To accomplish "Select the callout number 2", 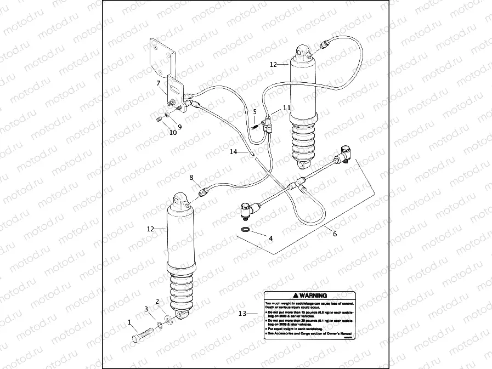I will (x=157, y=301).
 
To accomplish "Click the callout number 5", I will (x=255, y=112).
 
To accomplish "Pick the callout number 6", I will (x=335, y=234).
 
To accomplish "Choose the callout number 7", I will (x=158, y=83).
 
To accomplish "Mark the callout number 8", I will (x=191, y=177).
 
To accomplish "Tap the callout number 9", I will (x=179, y=127).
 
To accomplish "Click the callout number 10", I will (x=173, y=133).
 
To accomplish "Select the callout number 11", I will (x=287, y=109).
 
